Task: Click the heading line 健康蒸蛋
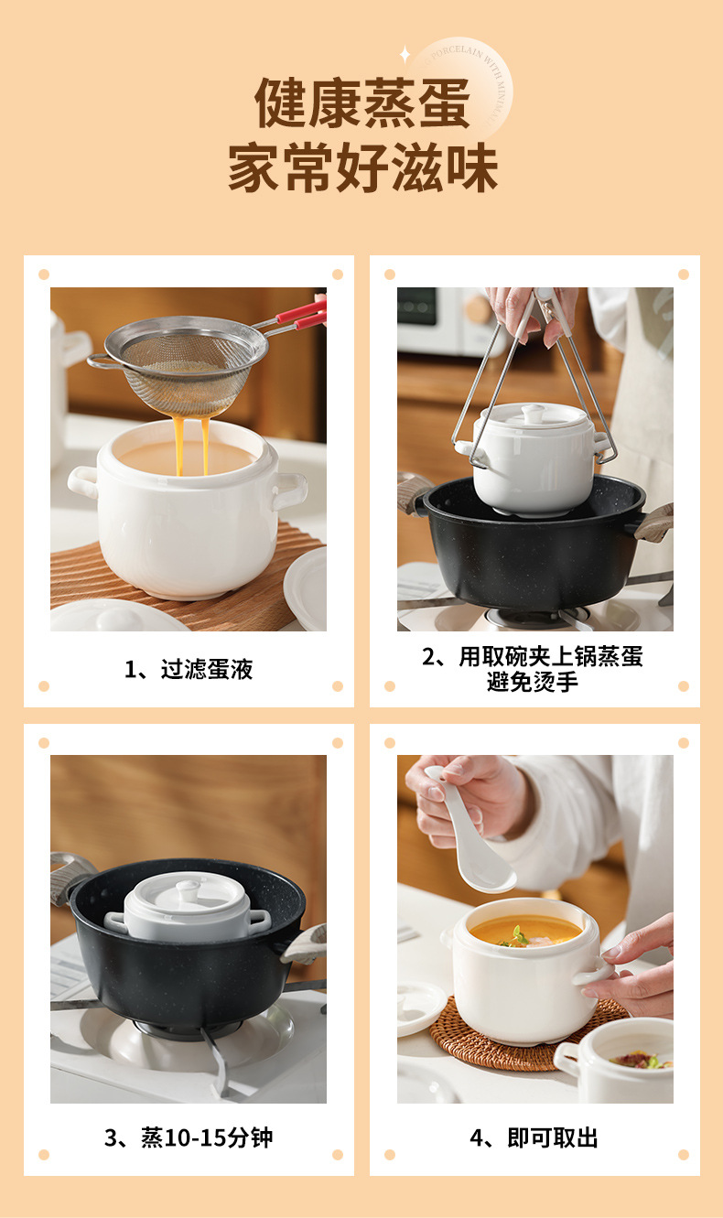pos(361,103)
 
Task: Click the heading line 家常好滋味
pos(361,169)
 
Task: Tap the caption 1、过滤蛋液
pos(188,670)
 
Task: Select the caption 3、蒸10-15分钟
pos(188,1138)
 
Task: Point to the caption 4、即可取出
pos(534,1138)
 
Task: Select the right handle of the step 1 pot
pos(290,490)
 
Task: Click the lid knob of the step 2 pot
pos(534,413)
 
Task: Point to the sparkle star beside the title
pos(405,55)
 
